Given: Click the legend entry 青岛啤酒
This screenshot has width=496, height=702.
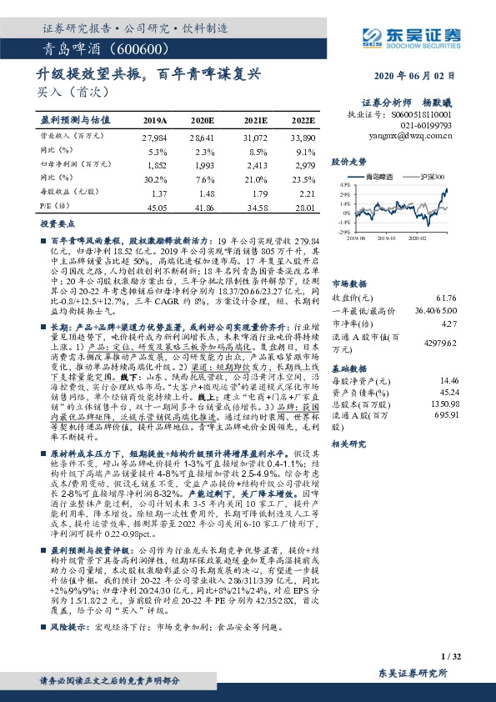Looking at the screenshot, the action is [x=385, y=177].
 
